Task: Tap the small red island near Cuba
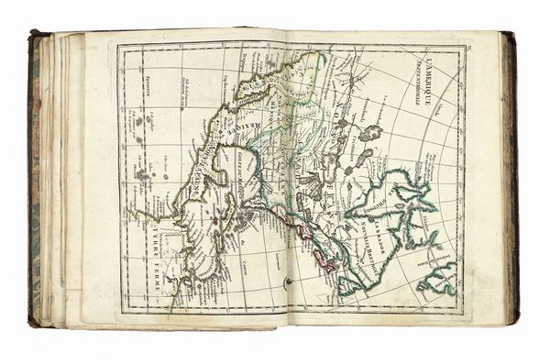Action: pos(215,220)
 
